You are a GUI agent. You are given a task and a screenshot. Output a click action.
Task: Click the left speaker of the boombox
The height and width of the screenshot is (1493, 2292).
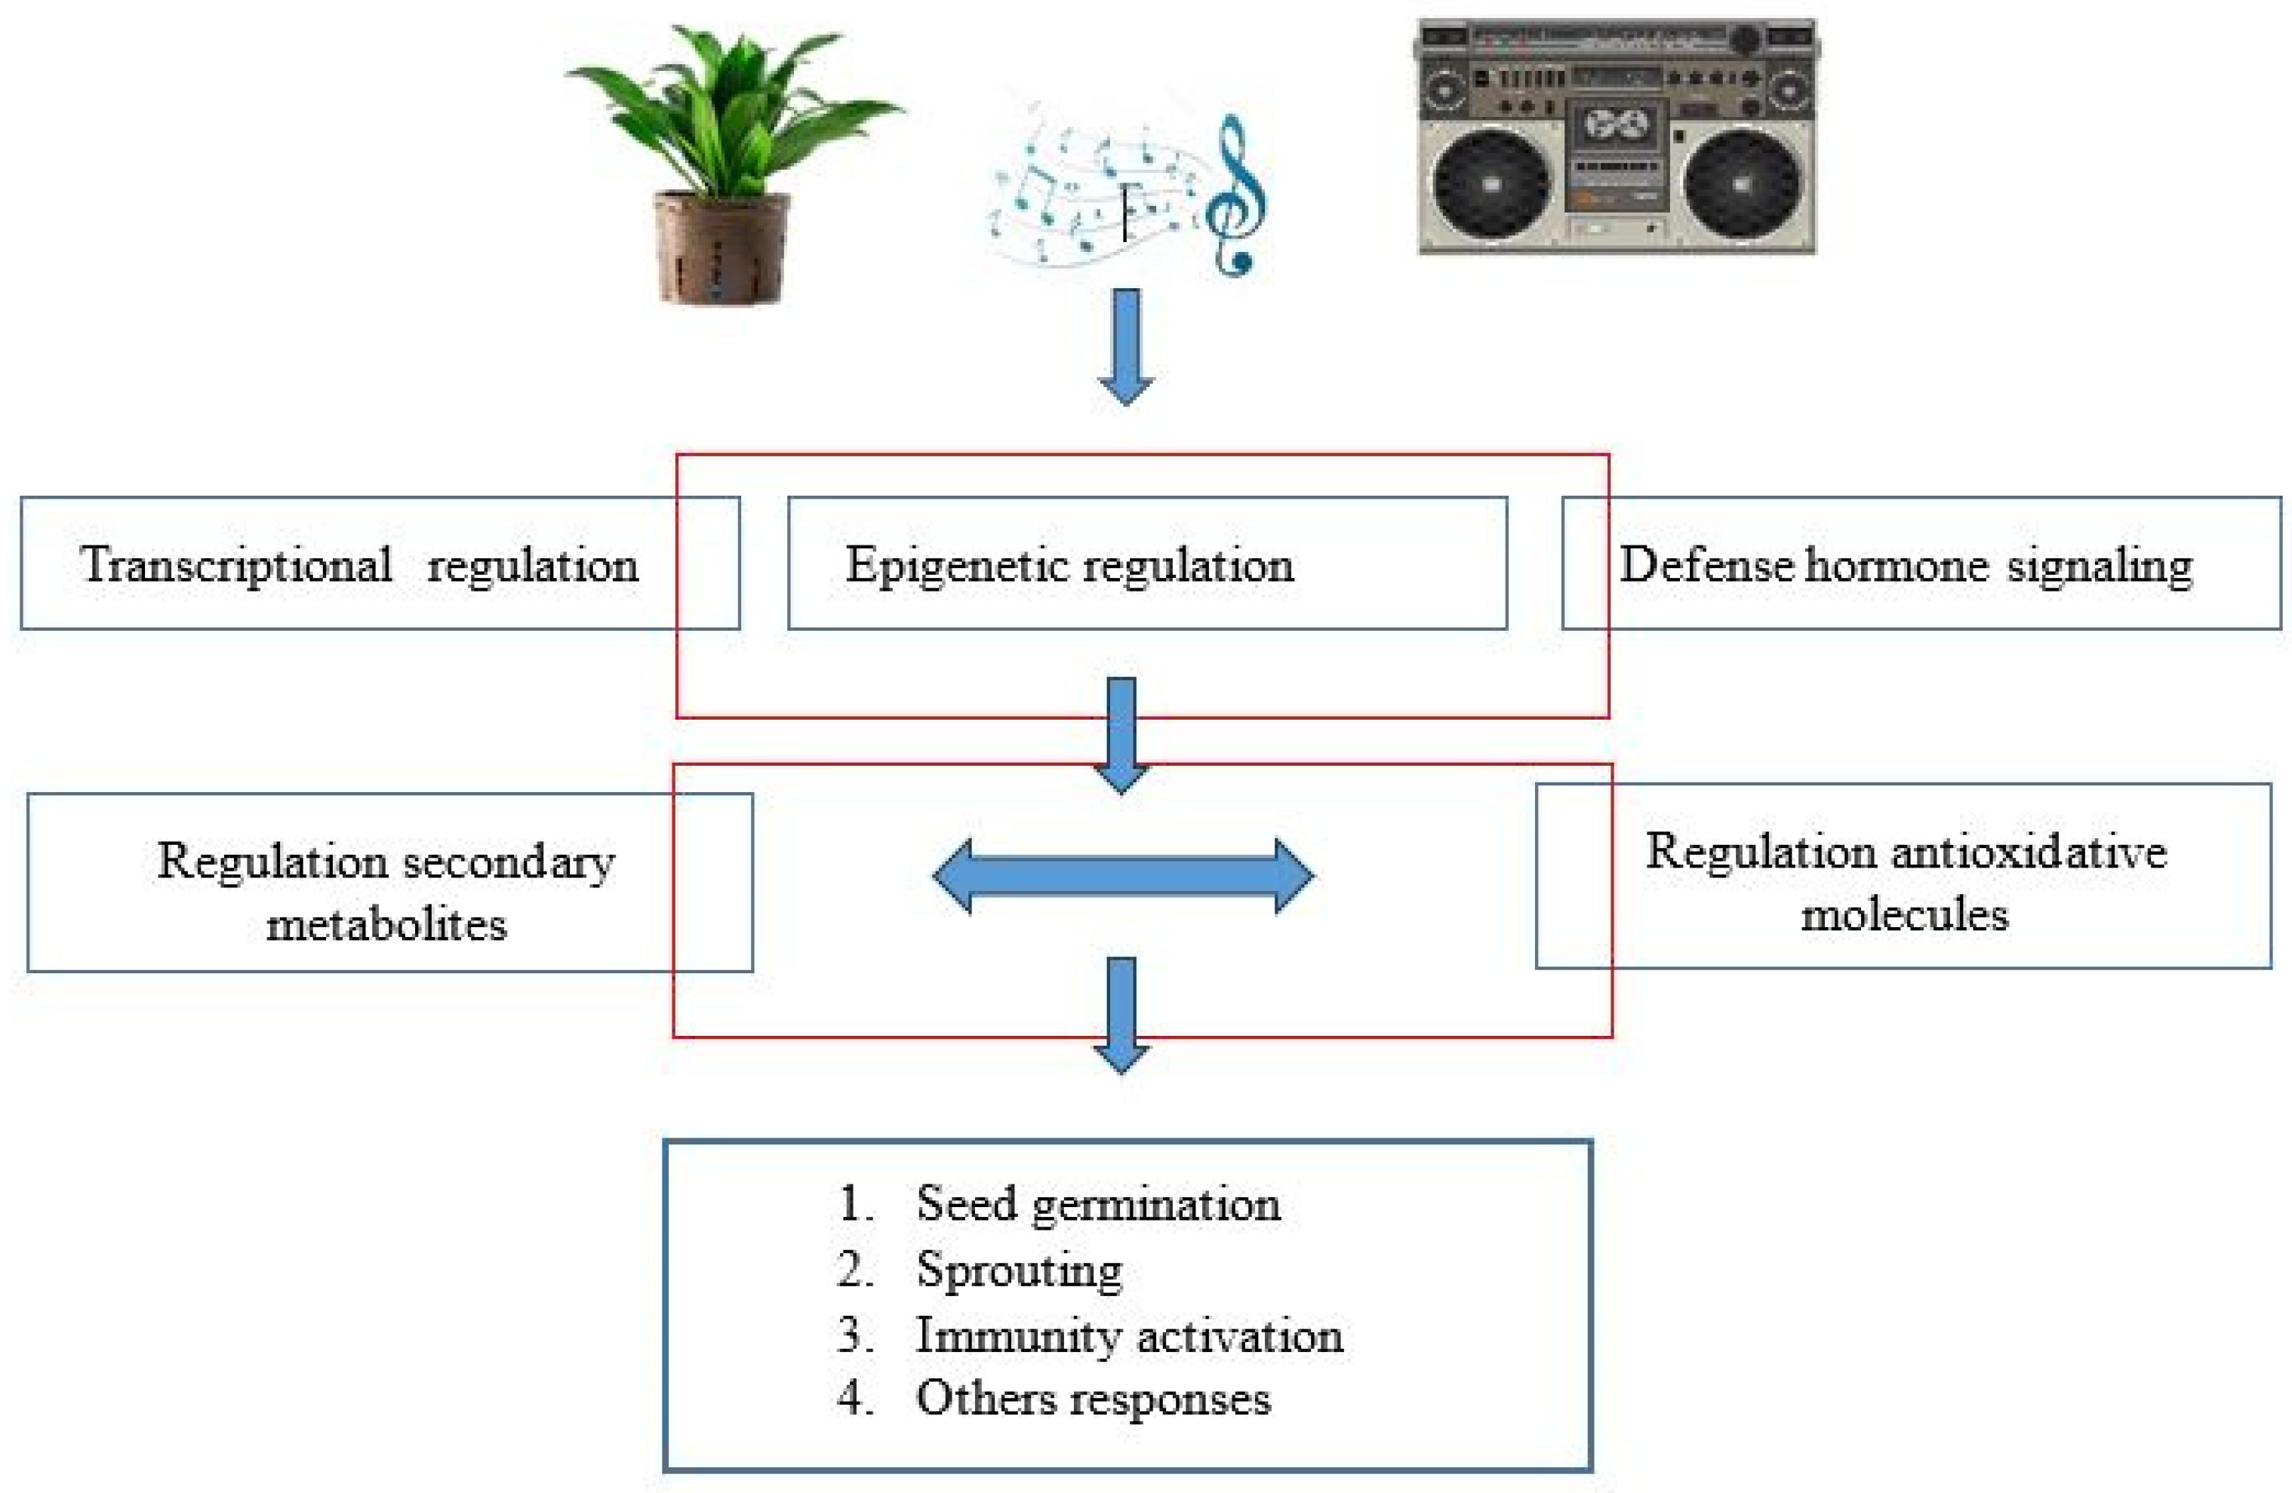click(x=1491, y=183)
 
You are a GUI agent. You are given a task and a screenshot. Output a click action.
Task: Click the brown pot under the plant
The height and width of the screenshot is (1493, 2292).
click(x=720, y=248)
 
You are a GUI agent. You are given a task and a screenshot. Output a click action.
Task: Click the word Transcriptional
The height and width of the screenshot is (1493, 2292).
click(x=237, y=565)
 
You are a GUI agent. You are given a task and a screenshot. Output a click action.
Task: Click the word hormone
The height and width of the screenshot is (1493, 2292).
click(x=1897, y=565)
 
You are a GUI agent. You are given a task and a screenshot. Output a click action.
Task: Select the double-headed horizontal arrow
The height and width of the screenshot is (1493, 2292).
click(x=1123, y=876)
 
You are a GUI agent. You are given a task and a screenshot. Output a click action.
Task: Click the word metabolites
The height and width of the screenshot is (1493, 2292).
click(x=386, y=925)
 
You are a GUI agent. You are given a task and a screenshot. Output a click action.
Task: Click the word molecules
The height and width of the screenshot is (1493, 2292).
click(x=1905, y=914)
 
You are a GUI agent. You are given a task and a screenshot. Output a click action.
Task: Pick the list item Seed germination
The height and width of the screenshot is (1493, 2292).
click(x=1098, y=1204)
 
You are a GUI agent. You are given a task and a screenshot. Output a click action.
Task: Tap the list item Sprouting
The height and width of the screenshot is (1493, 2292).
click(x=1019, y=1270)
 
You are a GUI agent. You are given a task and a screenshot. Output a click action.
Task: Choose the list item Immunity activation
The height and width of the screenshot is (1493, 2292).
click(x=1129, y=1336)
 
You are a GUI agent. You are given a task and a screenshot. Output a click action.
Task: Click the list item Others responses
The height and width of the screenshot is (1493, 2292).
click(x=1093, y=1399)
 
